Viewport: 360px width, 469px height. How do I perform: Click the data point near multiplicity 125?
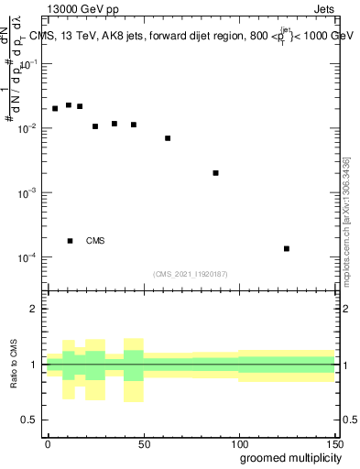287,248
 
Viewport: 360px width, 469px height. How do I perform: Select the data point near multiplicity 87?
215,172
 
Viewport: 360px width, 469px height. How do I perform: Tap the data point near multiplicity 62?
168,138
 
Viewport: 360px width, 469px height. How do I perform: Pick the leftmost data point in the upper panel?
55,108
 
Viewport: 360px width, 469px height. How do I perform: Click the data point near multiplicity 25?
95,126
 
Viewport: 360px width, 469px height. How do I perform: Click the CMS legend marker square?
71,241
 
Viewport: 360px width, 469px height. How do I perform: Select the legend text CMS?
95,241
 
